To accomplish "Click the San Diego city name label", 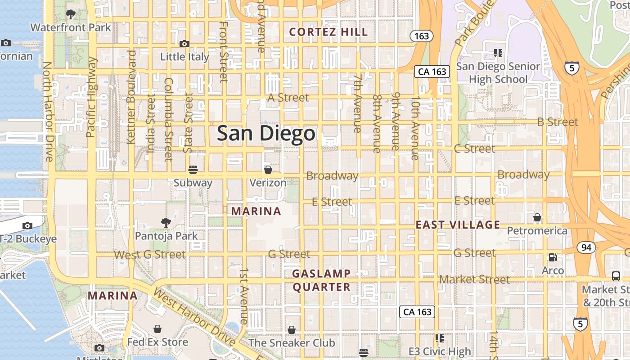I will (266, 134).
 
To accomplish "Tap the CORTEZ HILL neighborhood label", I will (328, 32).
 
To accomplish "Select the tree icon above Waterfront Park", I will (70, 14).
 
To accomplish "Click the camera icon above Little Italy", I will (184, 44).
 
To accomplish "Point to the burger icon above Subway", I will (193, 170).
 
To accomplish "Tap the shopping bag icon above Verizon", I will (268, 170).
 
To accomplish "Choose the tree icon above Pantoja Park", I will (166, 222).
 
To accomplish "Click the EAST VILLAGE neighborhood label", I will (458, 225).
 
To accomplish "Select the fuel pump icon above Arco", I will (553, 257).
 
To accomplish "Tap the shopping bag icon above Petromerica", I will (537, 218).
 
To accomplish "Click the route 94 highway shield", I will (586, 247).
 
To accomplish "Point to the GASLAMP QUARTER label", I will (321, 280).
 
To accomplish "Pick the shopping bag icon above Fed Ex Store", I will (157, 329).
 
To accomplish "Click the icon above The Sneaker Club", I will (292, 330).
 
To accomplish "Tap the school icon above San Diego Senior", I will (498, 53).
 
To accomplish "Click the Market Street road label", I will (474, 279).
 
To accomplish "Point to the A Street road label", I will (288, 98).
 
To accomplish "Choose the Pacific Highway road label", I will (91, 97).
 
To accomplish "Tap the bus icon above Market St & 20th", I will (616, 276).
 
